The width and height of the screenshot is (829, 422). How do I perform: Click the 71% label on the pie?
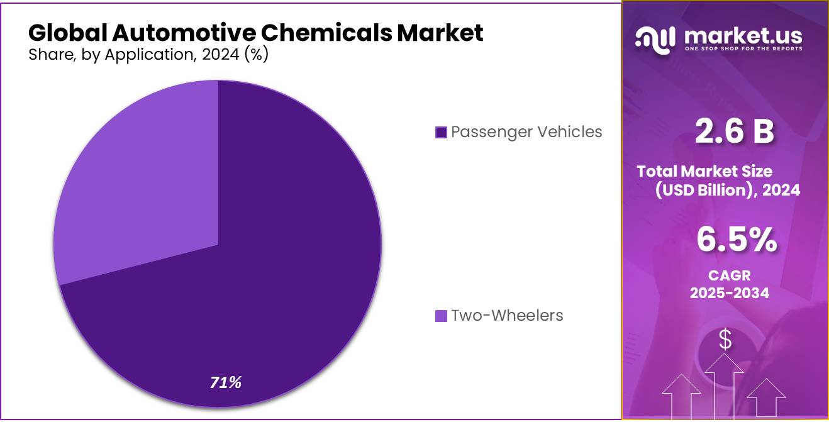pos(226,382)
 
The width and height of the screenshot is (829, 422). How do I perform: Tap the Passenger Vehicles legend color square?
pos(441,132)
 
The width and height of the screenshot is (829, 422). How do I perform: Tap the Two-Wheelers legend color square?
pos(441,316)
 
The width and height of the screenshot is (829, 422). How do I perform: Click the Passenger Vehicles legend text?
pos(526,131)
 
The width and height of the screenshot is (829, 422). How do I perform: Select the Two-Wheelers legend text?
pos(507,315)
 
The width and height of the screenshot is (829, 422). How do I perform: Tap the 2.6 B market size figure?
pos(734,132)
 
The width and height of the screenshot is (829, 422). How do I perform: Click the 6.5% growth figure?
pos(736,240)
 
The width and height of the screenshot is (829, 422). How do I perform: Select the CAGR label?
pos(729,275)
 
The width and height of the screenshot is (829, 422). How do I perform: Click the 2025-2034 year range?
pos(729,292)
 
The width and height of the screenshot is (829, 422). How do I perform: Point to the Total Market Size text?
pos(704,171)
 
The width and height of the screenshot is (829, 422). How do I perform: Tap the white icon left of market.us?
pos(656,39)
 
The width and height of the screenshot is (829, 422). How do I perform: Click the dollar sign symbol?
pos(725,340)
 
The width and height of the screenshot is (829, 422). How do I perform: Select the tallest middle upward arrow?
pos(725,384)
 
